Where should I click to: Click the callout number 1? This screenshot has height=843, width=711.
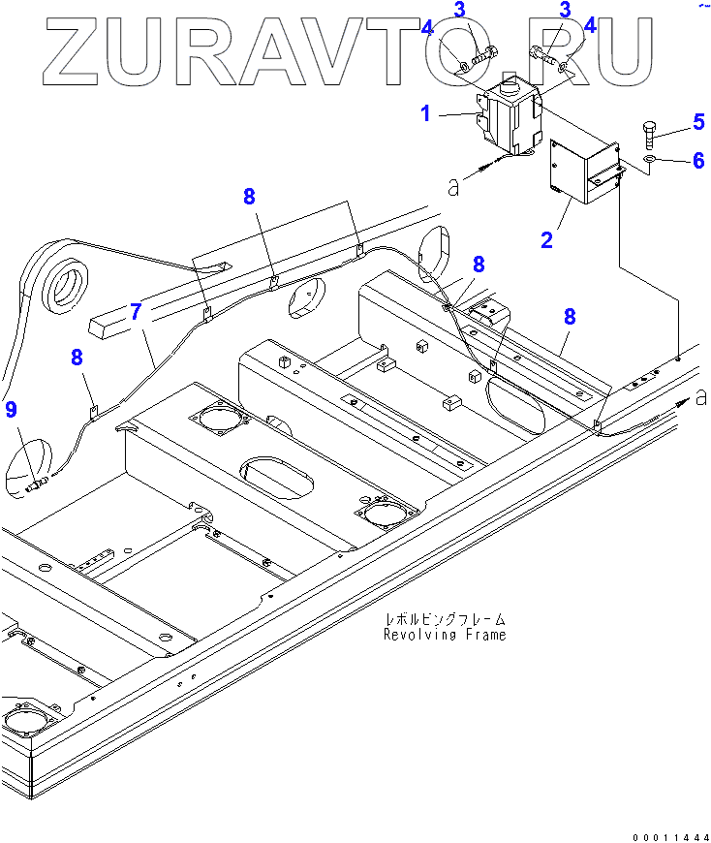(425, 114)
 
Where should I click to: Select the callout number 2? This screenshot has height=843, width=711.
(546, 239)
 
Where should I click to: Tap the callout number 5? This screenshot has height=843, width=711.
(697, 122)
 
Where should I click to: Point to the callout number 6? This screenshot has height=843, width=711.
(697, 161)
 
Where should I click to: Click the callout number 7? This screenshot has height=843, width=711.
(136, 312)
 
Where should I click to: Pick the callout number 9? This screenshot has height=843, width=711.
(11, 411)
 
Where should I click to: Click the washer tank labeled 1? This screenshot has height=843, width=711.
(508, 118)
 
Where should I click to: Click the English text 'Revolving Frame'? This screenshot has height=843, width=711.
(444, 636)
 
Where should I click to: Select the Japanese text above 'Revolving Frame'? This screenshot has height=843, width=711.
(444, 618)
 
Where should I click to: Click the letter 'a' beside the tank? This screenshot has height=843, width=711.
(453, 187)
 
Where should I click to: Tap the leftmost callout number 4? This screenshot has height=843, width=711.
(427, 28)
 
